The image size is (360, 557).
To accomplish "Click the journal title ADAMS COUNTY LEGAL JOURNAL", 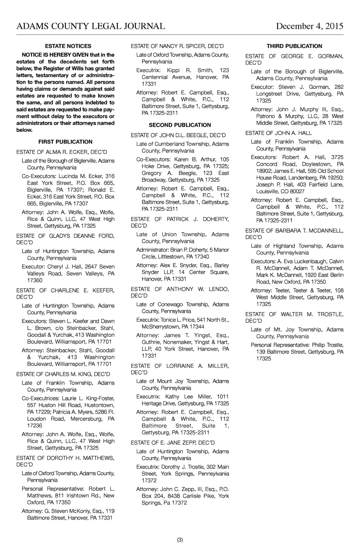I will [91, 26].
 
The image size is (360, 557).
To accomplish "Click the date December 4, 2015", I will [309, 26].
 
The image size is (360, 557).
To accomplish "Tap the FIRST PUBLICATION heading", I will [65, 142].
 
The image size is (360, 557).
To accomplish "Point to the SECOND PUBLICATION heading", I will [180, 125].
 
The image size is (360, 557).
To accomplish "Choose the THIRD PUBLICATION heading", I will [294, 46].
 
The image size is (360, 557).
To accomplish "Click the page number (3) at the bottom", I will [180, 540].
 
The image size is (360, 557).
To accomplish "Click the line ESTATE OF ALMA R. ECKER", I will [62, 152].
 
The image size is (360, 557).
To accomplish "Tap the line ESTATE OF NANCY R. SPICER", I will [177, 46].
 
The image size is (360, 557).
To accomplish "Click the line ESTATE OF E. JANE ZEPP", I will [173, 443].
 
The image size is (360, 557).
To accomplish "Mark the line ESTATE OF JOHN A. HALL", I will [278, 133].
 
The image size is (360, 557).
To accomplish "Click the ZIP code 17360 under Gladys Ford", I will [35, 280].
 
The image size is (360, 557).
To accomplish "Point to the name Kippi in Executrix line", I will [174, 70].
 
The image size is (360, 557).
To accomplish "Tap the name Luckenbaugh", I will [310, 261].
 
